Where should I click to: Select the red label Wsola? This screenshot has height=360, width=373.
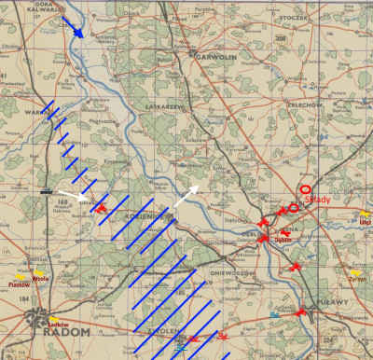click(x=40, y=277)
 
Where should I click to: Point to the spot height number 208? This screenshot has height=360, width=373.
click(x=281, y=38)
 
